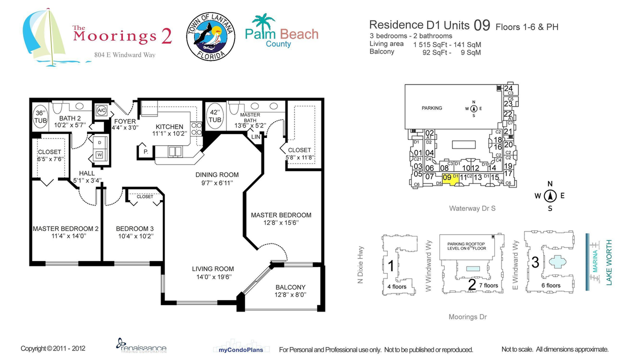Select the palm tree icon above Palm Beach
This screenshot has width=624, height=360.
click(263, 22)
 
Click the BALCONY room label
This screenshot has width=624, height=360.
click(290, 287)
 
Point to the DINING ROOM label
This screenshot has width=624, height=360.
click(217, 175)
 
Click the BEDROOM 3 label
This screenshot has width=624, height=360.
click(132, 228)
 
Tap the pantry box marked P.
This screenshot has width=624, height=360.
click(145, 151)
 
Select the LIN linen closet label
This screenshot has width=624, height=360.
click(255, 136)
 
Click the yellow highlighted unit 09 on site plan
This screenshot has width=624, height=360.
click(450, 178)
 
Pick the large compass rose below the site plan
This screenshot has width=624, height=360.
click(549, 196)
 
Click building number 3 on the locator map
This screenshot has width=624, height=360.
click(535, 262)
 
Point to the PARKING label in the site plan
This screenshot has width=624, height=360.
click(431, 108)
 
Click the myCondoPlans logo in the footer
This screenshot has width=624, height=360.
click(241, 349)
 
